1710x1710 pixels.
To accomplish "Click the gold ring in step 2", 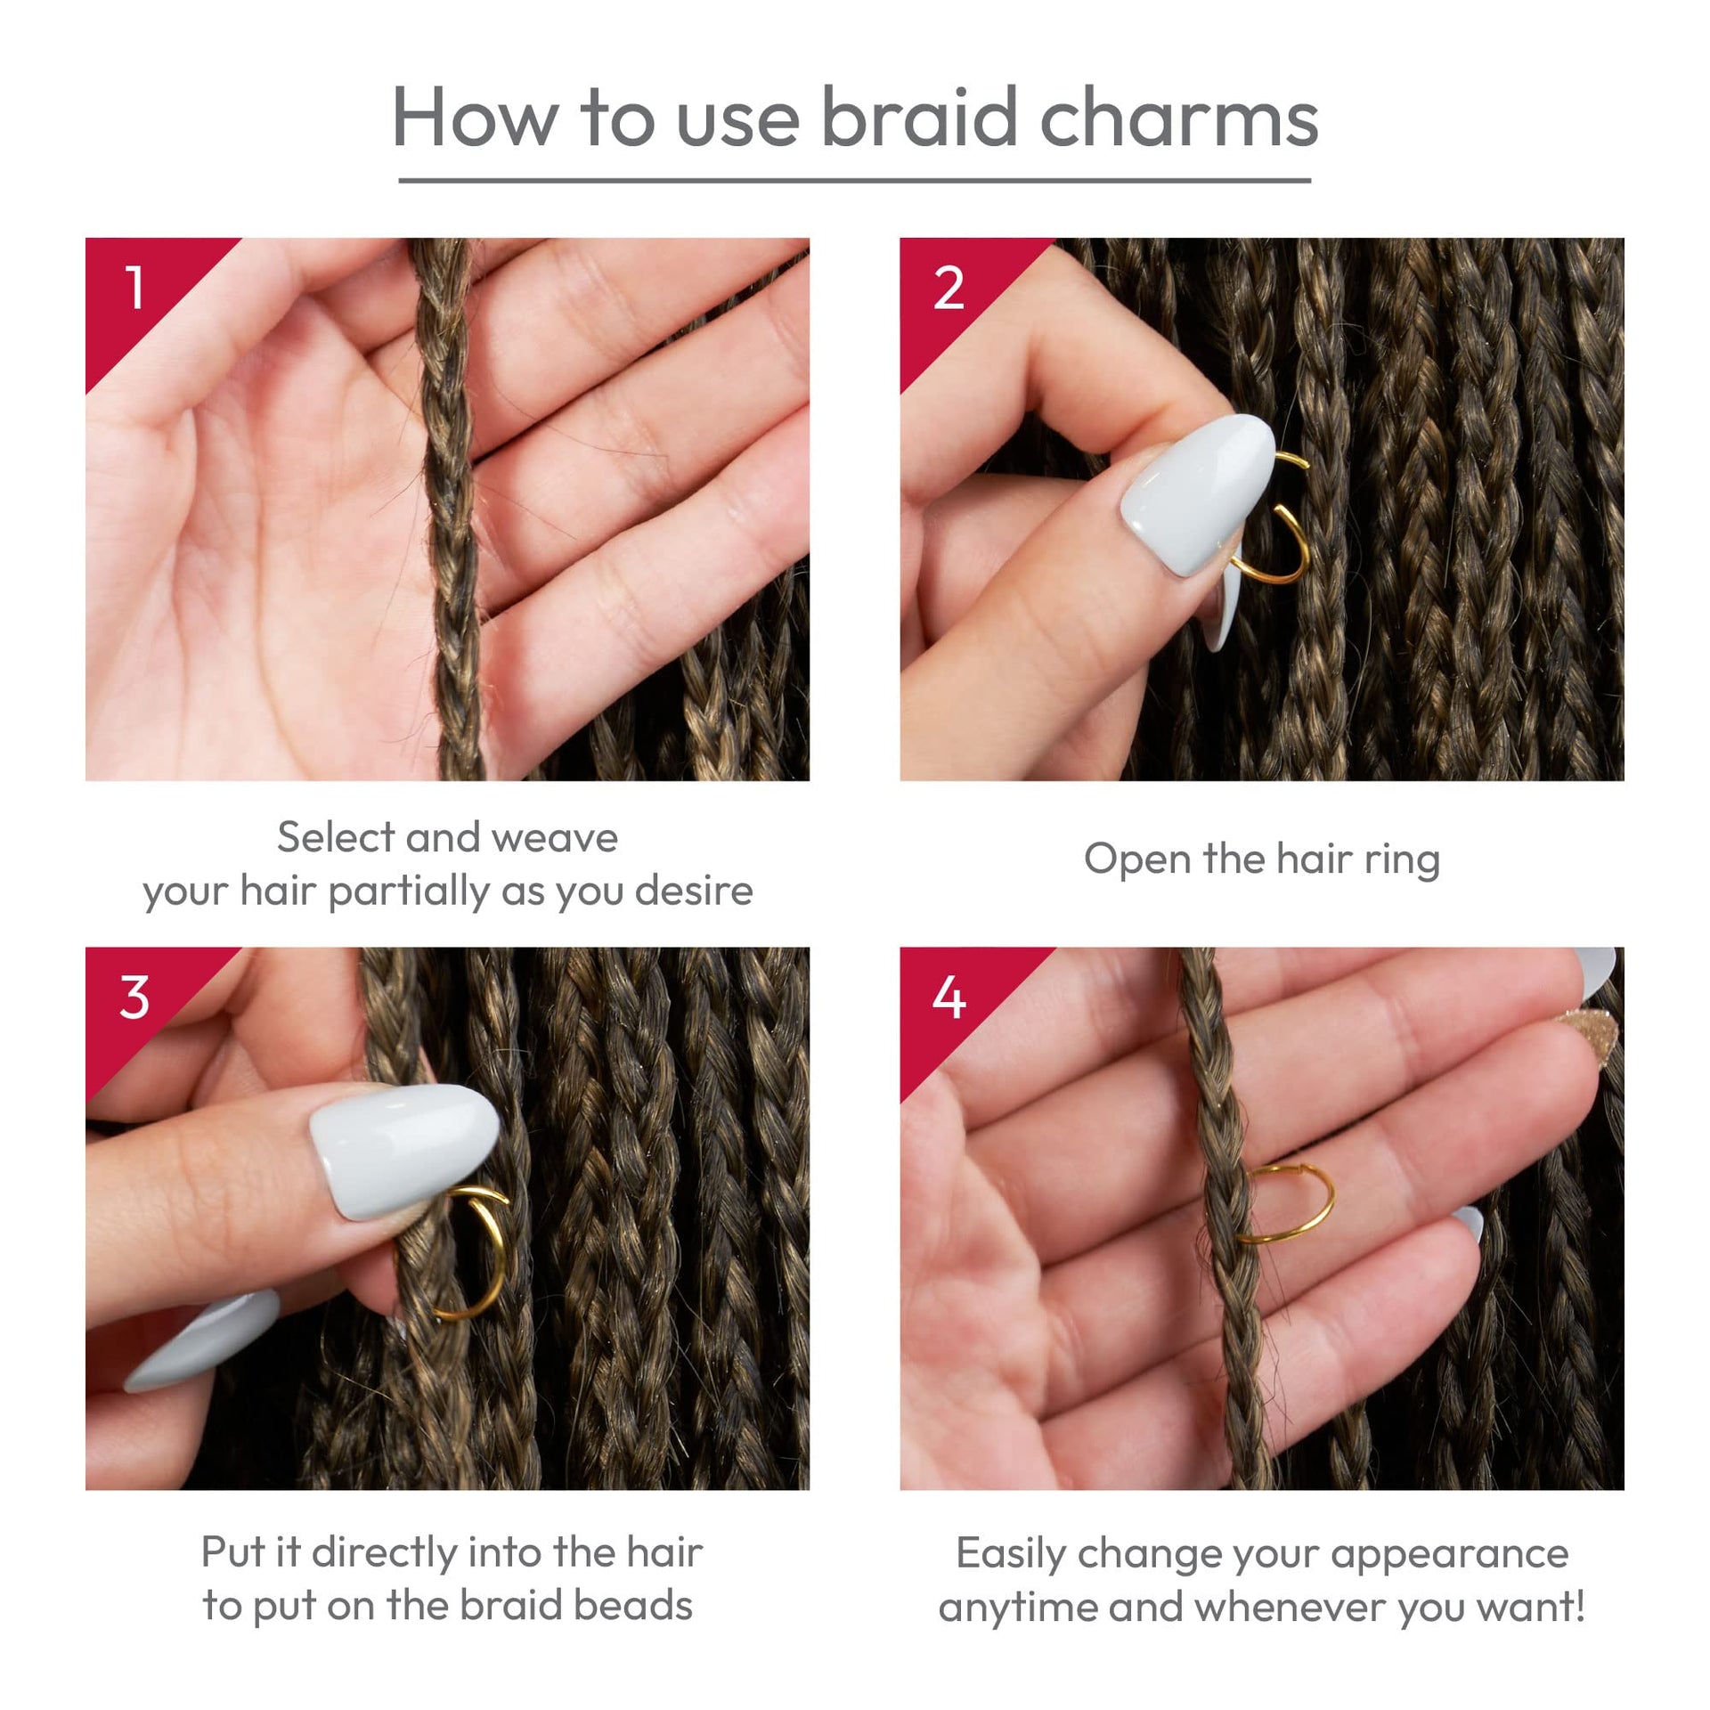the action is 1302,543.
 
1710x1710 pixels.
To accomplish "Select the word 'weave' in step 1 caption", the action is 554,838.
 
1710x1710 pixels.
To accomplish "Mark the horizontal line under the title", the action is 854,180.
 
